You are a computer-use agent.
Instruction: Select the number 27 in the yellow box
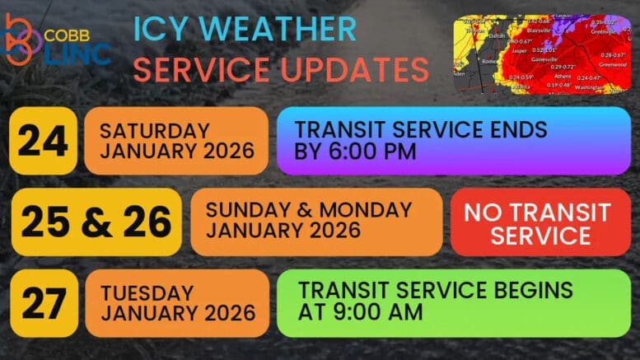tap(42, 303)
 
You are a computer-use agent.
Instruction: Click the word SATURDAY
tap(154, 131)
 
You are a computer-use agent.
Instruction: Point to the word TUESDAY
tap(147, 293)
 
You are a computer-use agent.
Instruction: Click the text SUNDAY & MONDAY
tap(309, 210)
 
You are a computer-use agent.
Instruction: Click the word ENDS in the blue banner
tap(512, 130)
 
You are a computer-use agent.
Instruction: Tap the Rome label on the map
tap(490, 61)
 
